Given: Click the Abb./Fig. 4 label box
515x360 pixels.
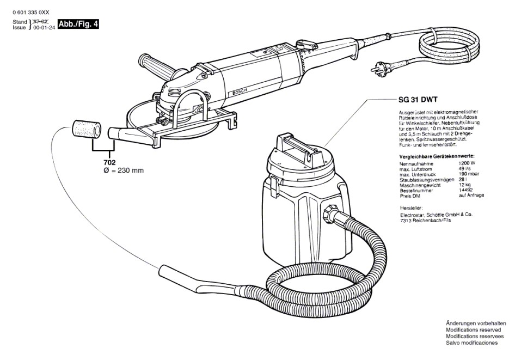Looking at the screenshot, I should coord(77,24).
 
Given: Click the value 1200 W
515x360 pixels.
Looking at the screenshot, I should coord(466,163).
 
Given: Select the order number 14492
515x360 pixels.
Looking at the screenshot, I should coord(464,190).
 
